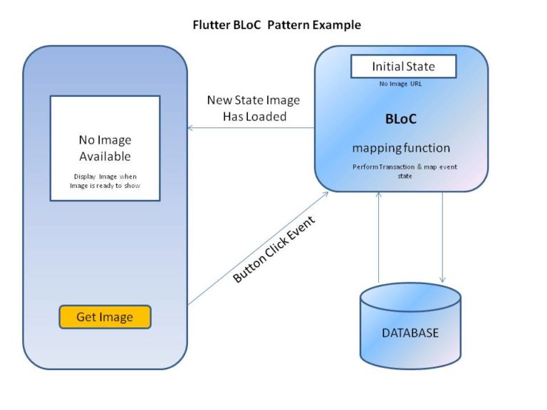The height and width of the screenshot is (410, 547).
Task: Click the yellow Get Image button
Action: point(105,317)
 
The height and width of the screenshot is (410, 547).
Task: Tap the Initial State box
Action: point(403,66)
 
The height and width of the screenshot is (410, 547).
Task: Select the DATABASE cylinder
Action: point(410,325)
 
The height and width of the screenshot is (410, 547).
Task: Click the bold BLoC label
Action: point(401,119)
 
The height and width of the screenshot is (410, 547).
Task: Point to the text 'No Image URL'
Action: point(400,84)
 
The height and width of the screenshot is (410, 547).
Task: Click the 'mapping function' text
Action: point(401,148)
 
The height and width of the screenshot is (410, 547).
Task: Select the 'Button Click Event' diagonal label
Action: point(274,249)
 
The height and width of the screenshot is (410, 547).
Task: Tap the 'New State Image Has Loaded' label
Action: point(254,108)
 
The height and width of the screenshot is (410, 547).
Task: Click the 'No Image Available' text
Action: point(105,148)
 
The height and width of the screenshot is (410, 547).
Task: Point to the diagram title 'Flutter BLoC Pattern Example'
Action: point(277,25)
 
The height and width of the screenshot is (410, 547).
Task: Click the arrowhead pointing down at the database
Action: point(442,280)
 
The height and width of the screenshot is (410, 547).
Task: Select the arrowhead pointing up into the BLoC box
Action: point(378,194)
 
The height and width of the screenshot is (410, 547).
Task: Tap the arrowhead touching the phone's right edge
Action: point(190,128)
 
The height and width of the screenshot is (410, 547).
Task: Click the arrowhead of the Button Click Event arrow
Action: point(325,194)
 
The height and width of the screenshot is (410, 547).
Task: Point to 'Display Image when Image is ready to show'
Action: point(105,181)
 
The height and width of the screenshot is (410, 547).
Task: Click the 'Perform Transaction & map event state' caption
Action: point(405,171)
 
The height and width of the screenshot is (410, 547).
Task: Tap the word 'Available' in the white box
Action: point(105,157)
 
